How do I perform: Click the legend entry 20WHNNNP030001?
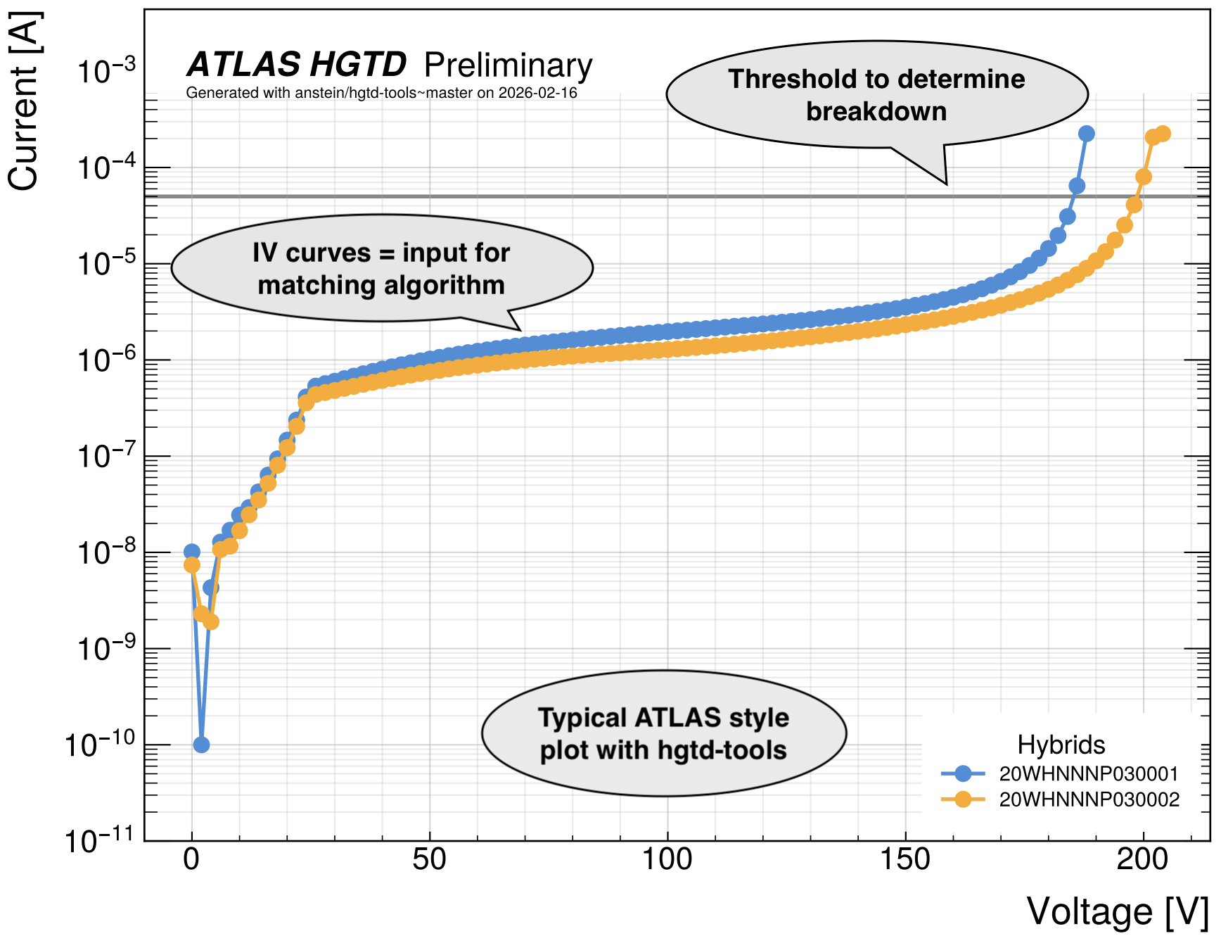tap(1088, 774)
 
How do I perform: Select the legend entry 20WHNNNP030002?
tap(1089, 799)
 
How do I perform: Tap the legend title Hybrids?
tap(1061, 745)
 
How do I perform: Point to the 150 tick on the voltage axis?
tap(904, 859)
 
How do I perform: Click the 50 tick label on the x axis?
tap(429, 859)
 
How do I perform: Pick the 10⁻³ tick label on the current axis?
tap(106, 70)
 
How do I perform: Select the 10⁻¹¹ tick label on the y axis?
tap(99, 839)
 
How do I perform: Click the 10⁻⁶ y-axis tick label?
tap(106, 359)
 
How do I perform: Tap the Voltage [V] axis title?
tap(1118, 911)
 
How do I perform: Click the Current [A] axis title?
tap(24, 101)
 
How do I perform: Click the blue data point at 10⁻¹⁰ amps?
tap(201, 745)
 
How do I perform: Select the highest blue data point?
tap(1087, 134)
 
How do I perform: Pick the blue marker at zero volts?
tap(191, 552)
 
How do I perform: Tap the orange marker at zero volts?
tap(191, 565)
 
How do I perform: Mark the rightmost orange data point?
tap(1163, 134)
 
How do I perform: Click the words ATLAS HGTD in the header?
tap(296, 65)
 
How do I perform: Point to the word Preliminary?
tap(509, 66)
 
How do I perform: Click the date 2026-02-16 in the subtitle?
tap(538, 93)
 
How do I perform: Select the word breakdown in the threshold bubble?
tap(876, 112)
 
